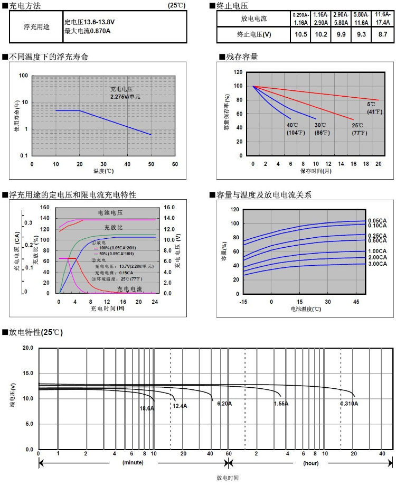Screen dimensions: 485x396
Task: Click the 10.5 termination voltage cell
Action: point(301,34)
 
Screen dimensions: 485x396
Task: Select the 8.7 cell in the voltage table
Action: point(379,34)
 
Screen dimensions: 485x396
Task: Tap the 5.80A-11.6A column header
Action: point(361,19)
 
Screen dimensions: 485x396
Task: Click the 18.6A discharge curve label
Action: point(147,408)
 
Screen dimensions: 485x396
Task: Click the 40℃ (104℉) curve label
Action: point(293,129)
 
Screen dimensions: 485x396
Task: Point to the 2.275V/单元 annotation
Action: point(125,97)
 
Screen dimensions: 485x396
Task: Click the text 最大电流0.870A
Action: point(87,32)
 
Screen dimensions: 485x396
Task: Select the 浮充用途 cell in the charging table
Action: point(36,27)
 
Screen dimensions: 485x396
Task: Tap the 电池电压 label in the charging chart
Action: point(110,212)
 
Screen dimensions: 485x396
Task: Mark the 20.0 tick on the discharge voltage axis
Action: point(27,348)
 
